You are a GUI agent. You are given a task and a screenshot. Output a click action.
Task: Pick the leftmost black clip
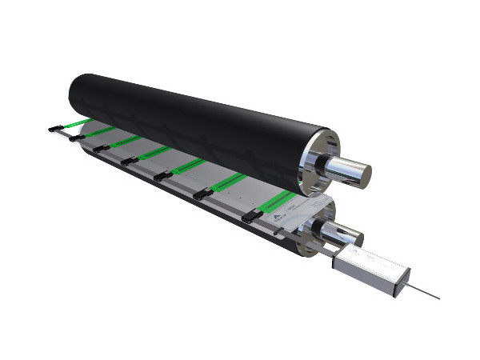tap(55, 127)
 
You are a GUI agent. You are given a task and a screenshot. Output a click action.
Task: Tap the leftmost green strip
tap(77, 123)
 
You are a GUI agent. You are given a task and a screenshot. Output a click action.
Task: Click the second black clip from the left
tap(77, 137)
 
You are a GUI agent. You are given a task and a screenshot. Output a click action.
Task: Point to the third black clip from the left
tap(101, 148)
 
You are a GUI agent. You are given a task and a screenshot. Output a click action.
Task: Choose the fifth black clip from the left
tap(162, 175)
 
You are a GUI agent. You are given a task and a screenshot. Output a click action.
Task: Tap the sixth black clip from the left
tap(202, 192)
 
